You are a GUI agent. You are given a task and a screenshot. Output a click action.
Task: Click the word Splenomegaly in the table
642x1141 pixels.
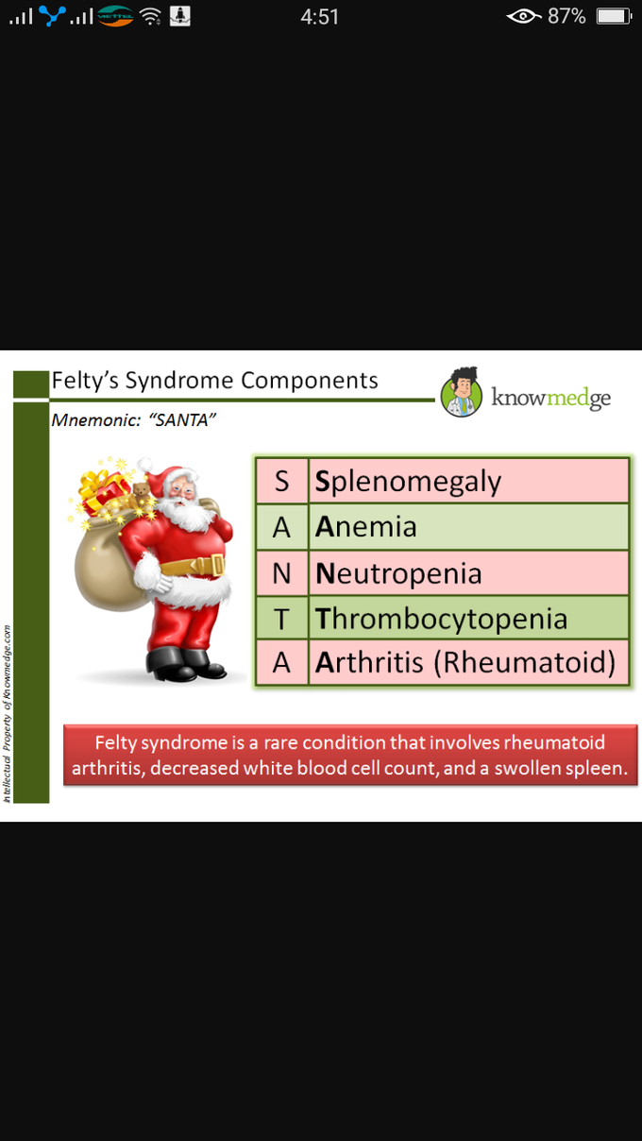(x=408, y=482)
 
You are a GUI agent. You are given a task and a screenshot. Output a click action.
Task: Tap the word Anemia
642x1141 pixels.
(x=366, y=527)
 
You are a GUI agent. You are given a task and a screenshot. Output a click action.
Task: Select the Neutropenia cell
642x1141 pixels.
(x=468, y=573)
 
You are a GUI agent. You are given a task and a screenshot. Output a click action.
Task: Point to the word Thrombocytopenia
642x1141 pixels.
(x=441, y=619)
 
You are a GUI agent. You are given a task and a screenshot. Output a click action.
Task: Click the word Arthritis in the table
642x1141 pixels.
(x=369, y=662)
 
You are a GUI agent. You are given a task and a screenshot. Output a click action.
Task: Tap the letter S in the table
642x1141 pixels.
(x=281, y=482)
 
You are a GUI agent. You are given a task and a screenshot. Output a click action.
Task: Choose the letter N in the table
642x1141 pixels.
(x=281, y=573)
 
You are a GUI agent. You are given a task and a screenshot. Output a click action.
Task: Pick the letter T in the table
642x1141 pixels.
(x=281, y=620)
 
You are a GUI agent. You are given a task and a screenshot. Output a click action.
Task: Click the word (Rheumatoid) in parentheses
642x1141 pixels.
(x=524, y=663)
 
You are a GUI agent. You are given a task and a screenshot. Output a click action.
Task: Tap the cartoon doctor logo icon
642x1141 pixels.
(x=462, y=392)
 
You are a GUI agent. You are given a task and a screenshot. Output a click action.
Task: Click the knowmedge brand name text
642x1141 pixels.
(x=550, y=398)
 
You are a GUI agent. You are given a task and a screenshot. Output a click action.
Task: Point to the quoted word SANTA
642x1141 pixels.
(x=182, y=420)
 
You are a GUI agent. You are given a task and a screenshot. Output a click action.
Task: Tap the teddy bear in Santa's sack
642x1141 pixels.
(x=141, y=491)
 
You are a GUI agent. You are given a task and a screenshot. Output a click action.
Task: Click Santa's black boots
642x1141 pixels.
(x=185, y=664)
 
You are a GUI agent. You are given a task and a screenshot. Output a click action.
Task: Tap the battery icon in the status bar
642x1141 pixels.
(x=614, y=16)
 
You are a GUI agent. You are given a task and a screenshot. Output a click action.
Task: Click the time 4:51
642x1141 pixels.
(x=319, y=17)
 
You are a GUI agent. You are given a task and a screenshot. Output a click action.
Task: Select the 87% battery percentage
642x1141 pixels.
(x=566, y=17)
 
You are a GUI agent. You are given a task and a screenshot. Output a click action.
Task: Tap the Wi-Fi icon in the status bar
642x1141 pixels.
(x=151, y=17)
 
